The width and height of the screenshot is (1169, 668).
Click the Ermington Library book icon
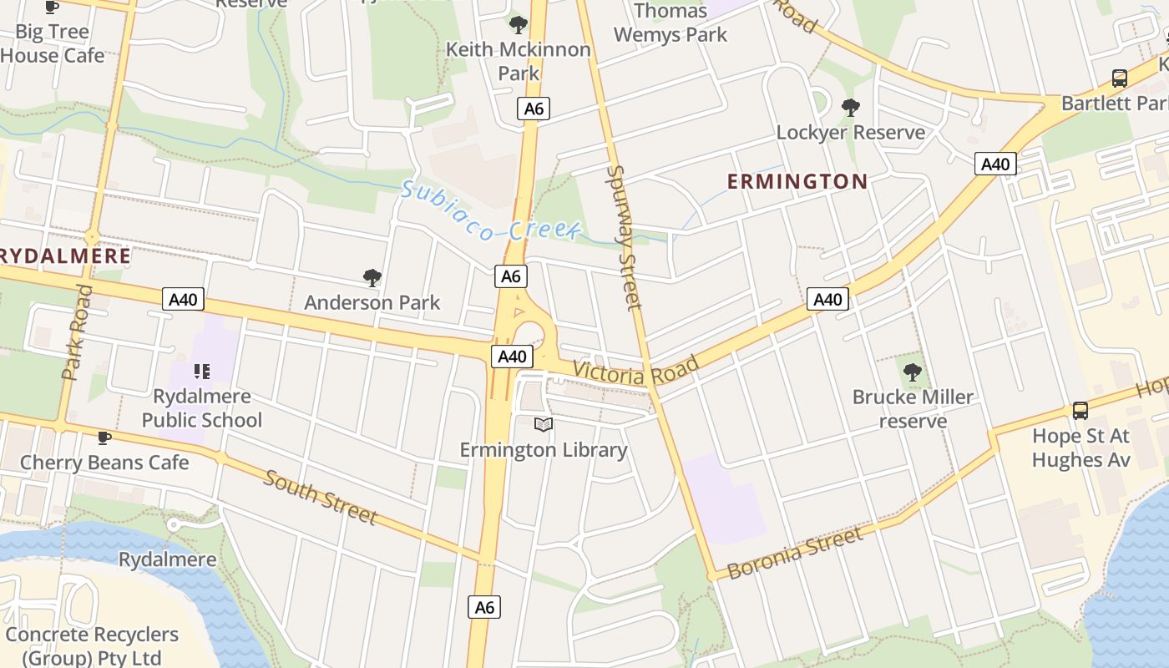544,425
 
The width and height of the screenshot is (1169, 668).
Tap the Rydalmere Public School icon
201,371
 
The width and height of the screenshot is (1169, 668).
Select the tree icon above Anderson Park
372,278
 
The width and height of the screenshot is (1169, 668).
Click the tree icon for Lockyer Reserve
851,108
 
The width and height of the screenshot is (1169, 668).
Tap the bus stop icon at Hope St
1080,411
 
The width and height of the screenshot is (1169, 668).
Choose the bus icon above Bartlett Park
1120,78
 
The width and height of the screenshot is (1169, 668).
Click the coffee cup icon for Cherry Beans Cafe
104,438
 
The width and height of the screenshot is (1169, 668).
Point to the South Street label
321,496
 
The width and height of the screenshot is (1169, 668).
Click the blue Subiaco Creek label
489,211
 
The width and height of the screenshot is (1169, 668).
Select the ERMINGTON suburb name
797,181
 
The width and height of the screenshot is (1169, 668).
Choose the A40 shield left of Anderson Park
183,299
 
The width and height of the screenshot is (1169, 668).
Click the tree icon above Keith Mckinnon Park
519,25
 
